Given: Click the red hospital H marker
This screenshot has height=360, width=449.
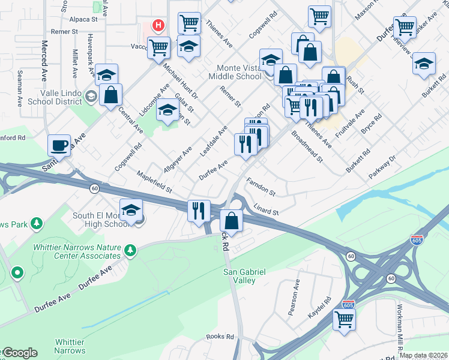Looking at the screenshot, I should [158, 25].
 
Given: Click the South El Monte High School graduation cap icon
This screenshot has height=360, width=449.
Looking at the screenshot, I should [131, 211].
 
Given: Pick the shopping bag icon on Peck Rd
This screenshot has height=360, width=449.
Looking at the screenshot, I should [231, 221].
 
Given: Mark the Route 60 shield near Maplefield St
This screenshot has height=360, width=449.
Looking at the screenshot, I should [95, 188].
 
